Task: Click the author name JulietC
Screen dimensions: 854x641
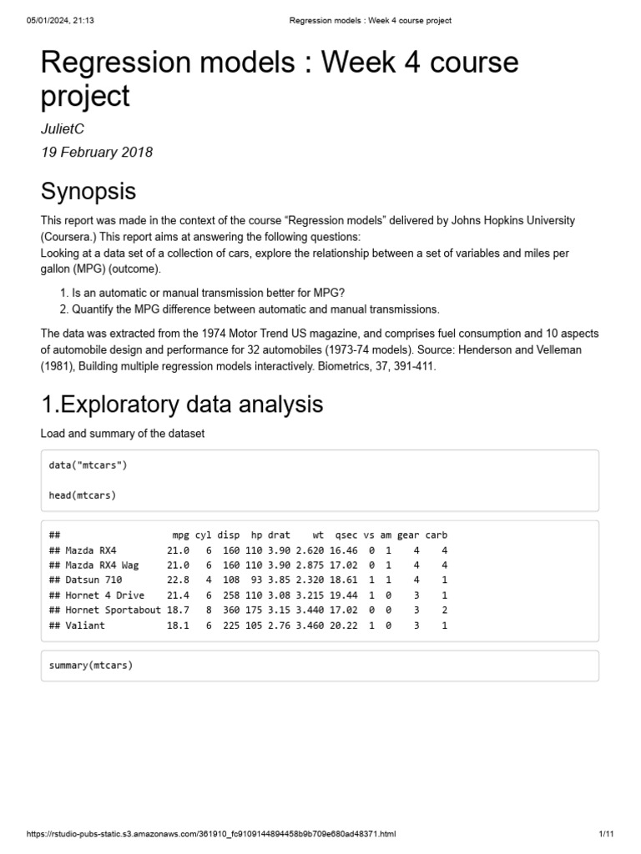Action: click(63, 128)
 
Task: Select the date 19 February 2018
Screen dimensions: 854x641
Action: click(97, 153)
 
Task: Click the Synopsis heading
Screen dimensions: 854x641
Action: click(88, 192)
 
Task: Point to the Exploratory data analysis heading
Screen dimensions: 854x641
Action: click(182, 404)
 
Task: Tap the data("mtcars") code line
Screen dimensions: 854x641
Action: click(88, 465)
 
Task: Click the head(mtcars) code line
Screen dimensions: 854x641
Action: click(83, 495)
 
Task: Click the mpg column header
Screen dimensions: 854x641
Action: click(181, 535)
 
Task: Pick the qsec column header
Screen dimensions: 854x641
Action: click(346, 535)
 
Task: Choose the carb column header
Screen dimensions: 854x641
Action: click(437, 535)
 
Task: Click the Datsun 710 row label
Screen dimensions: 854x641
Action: click(92, 580)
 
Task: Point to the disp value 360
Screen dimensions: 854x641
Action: click(230, 610)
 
